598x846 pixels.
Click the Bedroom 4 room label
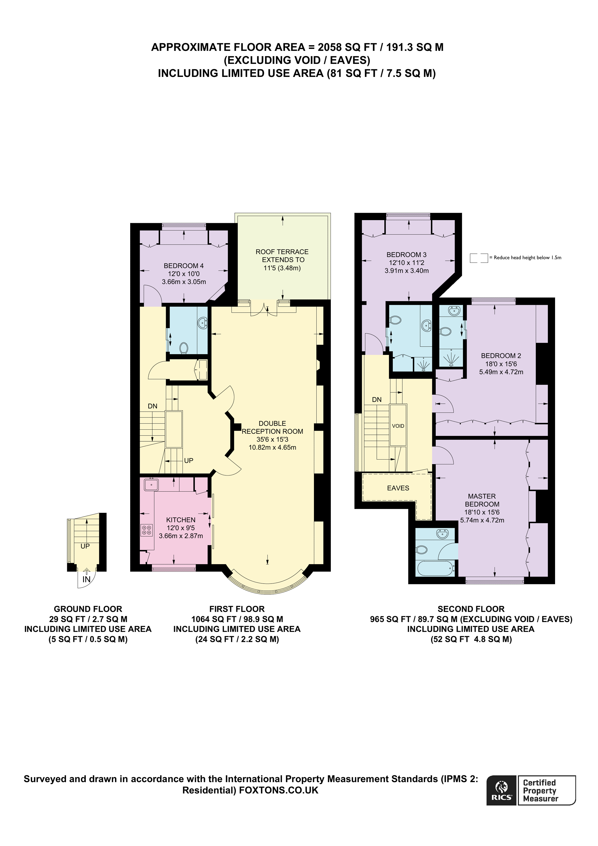point(183,266)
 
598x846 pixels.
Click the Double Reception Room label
point(272,427)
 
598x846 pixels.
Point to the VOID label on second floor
point(398,426)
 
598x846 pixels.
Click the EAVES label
point(398,488)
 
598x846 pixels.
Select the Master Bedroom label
point(482,500)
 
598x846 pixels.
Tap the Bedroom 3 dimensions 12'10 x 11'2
point(406,263)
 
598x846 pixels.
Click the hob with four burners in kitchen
point(146,530)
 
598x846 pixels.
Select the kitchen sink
point(151,485)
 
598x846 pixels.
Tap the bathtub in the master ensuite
point(435,568)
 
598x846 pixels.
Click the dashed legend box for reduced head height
point(479,258)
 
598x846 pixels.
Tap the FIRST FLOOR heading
point(237,609)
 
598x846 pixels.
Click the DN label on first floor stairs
point(152,406)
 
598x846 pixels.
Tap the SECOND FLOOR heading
point(471,609)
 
